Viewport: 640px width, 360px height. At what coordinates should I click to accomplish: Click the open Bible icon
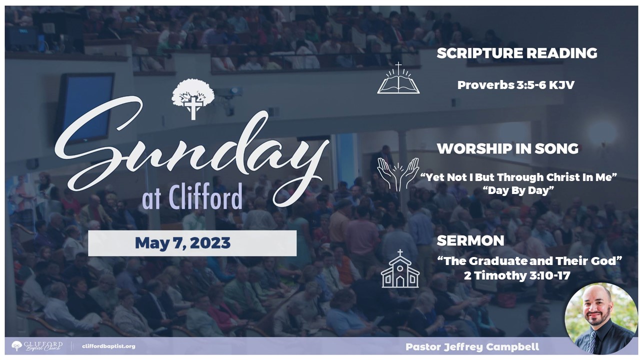tap(398, 78)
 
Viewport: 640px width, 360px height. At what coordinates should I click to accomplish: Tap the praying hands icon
tap(398, 174)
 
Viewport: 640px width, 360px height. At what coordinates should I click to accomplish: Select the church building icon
tap(400, 268)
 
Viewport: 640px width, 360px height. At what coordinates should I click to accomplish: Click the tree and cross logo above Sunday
tap(193, 99)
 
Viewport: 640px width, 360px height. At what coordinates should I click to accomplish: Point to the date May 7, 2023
tap(182, 243)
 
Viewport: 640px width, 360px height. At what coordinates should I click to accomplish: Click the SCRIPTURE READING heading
tap(517, 53)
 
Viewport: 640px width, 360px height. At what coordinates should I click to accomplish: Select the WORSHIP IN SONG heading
tap(507, 148)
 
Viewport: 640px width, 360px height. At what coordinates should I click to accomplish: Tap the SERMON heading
tap(470, 240)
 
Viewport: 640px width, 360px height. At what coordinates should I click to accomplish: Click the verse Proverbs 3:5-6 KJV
tap(515, 85)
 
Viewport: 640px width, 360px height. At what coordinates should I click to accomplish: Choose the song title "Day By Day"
tap(518, 190)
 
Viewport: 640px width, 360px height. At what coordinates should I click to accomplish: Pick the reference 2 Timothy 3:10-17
tap(517, 275)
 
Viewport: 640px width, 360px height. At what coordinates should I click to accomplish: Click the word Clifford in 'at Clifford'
tap(205, 196)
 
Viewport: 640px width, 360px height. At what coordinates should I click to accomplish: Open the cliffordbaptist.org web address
tap(108, 346)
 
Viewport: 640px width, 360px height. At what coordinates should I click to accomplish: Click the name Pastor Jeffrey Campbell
tap(472, 347)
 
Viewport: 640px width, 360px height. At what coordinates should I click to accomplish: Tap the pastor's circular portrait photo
tap(601, 318)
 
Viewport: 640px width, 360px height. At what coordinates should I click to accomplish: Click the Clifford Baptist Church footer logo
tap(37, 345)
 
